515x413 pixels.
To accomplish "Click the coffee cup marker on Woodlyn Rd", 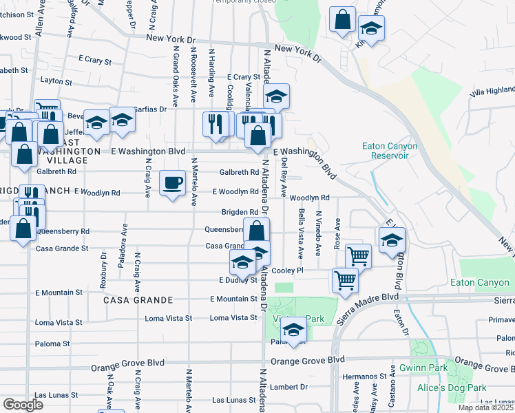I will pyautogui.click(x=172, y=184).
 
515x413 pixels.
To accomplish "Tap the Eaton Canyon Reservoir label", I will pyautogui.click(x=386, y=151).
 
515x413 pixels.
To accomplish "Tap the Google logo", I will pyautogui.click(x=23, y=405).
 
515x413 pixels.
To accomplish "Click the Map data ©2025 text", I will pyautogui.click(x=485, y=407).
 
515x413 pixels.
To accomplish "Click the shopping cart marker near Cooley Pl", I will pyautogui.click(x=358, y=256).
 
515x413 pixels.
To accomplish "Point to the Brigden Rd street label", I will pyautogui.click(x=240, y=212).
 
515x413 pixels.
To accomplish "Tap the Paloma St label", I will pyautogui.click(x=52, y=343).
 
